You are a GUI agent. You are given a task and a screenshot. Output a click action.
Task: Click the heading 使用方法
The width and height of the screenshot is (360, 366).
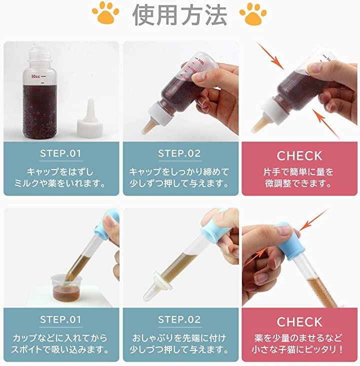click(x=180, y=15)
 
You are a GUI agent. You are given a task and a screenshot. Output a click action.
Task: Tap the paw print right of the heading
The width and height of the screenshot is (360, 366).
click(x=253, y=14)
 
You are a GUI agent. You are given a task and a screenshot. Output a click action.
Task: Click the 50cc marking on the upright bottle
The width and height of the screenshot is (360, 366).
click(x=35, y=76)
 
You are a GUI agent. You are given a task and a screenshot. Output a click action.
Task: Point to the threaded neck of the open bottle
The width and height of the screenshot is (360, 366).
click(x=40, y=55)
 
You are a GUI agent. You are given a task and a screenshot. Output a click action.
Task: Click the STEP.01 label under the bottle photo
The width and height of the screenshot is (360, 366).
click(x=60, y=153)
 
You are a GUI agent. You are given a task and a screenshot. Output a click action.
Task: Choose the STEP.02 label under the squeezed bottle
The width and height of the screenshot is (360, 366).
click(x=179, y=153)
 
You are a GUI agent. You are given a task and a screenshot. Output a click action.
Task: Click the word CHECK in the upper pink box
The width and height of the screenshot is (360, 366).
click(x=299, y=155)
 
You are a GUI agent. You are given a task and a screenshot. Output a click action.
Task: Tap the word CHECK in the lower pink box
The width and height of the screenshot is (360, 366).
click(x=299, y=322)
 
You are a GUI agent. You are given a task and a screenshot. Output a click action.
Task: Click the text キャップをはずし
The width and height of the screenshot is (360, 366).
click(x=60, y=172)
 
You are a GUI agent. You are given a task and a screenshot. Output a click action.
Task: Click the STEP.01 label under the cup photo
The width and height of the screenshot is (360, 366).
click(x=60, y=319)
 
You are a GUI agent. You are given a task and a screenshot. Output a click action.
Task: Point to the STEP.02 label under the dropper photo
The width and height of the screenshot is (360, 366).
click(x=179, y=319)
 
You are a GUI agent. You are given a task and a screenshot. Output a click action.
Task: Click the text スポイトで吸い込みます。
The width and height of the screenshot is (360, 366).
click(x=60, y=350)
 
